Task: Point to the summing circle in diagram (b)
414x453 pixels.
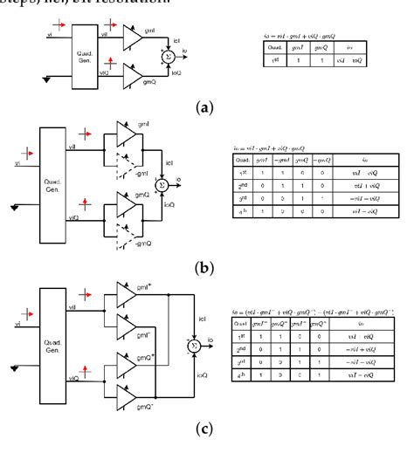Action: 162,185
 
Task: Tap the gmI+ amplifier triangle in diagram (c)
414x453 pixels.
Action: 127,301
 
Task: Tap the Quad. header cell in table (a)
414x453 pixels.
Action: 273,48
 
